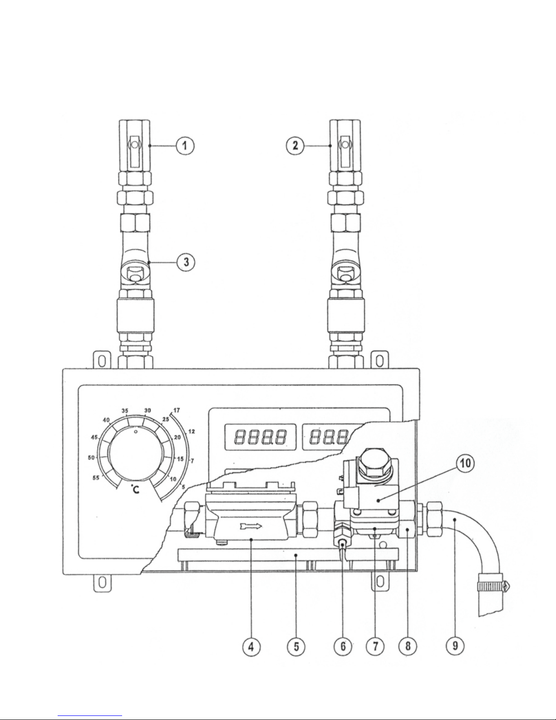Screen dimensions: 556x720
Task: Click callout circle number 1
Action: pos(185,146)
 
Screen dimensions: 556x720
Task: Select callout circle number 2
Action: pos(295,145)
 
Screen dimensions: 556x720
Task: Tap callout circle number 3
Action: pos(186,262)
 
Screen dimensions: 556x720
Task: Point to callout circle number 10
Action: pos(465,463)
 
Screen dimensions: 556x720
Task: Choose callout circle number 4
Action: pos(251,646)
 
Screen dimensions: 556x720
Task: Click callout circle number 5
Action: pos(296,646)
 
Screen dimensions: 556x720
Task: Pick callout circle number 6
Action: pos(343,646)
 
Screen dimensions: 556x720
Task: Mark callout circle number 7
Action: pos(375,646)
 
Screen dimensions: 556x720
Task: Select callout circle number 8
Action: pos(408,646)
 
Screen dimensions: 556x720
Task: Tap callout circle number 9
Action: pos(455,646)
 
